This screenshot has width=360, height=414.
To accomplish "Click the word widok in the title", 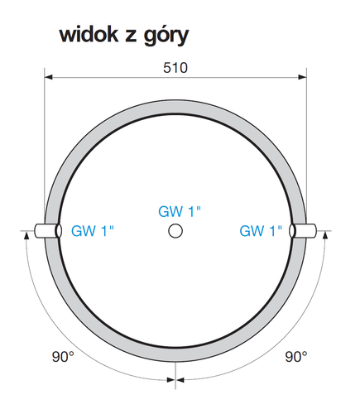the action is (x=89, y=35).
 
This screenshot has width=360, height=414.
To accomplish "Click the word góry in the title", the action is (x=166, y=36).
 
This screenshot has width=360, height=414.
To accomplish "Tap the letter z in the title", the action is (x=131, y=37).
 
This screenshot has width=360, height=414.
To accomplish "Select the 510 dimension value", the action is (x=175, y=68).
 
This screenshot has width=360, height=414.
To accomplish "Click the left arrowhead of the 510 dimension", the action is (x=49, y=77).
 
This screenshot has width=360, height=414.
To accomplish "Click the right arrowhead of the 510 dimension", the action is (x=302, y=77).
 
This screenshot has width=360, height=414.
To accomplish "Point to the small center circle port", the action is (x=175, y=231).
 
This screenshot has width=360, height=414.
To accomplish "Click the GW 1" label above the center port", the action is (x=180, y=212).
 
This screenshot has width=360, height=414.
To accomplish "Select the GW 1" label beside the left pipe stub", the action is (x=93, y=231).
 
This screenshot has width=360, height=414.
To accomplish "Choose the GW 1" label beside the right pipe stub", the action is (x=261, y=231).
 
